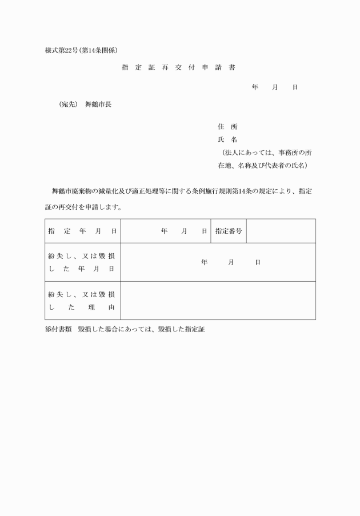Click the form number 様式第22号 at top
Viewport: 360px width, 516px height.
[x=60, y=50]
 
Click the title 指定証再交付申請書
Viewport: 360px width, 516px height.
[x=178, y=67]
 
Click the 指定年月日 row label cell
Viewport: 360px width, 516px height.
[x=82, y=231]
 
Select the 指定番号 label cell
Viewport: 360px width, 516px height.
[x=229, y=231]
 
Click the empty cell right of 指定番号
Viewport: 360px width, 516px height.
[x=281, y=231]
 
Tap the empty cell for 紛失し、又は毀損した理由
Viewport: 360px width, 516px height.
[x=218, y=301]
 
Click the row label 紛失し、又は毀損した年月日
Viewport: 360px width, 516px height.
[x=82, y=262]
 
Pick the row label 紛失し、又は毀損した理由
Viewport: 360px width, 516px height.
[x=82, y=301]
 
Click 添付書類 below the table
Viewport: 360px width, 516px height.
[x=57, y=330]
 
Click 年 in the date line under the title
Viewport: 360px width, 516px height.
[x=255, y=87]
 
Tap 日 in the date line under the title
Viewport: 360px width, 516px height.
[x=295, y=87]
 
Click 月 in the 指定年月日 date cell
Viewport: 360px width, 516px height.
[x=184, y=231]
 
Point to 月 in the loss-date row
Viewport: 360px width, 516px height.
[x=231, y=262]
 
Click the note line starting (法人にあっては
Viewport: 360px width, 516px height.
[x=266, y=153]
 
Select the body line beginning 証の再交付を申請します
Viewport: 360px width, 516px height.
[x=83, y=207]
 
